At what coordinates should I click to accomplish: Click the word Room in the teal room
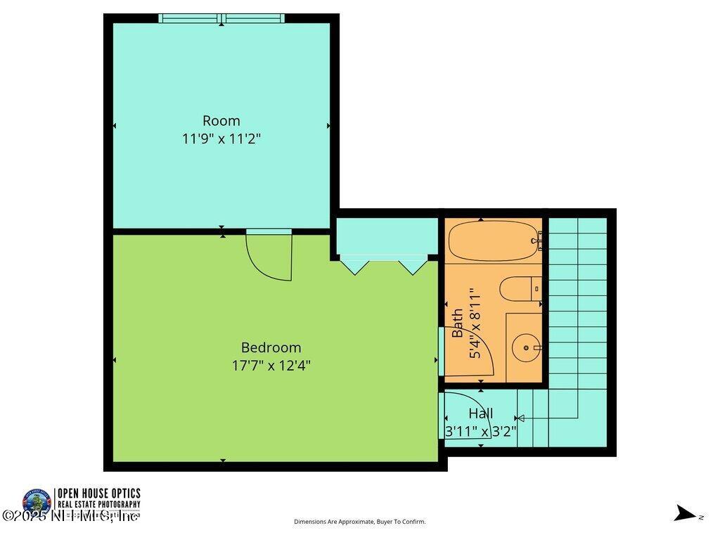pyautogui.click(x=221, y=120)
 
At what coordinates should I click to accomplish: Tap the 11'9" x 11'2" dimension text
pyautogui.click(x=221, y=139)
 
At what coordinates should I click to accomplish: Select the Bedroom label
pyautogui.click(x=271, y=347)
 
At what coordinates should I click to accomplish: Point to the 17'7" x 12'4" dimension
pyautogui.click(x=271, y=366)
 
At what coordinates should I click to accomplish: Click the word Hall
pyautogui.click(x=481, y=413)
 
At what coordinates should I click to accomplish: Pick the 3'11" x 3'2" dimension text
pyautogui.click(x=481, y=432)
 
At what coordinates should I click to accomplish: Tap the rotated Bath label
pyautogui.click(x=458, y=323)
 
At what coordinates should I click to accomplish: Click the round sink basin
pyautogui.click(x=526, y=347)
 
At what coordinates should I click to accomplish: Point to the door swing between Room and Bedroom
pyautogui.click(x=271, y=257)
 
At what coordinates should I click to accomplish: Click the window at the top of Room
pyautogui.click(x=221, y=18)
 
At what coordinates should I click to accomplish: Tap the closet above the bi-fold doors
pyautogui.click(x=386, y=238)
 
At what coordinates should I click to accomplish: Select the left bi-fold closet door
pyautogui.click(x=354, y=266)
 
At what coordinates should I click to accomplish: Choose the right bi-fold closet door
pyautogui.click(x=413, y=266)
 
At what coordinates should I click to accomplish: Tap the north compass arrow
pyautogui.click(x=683, y=513)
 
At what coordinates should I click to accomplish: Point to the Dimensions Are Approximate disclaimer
pyautogui.click(x=359, y=522)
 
